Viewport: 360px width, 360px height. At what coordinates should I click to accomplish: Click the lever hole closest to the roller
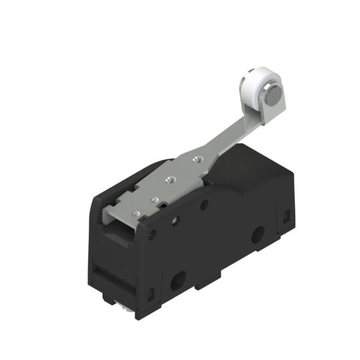tap(195, 160)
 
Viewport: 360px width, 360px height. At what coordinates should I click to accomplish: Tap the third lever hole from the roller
tap(154, 199)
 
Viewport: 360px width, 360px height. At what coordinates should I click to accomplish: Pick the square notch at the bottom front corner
tap(149, 293)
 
